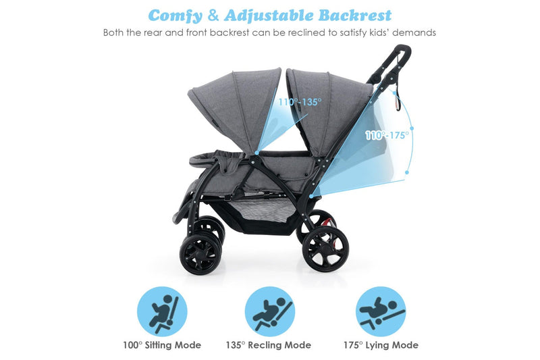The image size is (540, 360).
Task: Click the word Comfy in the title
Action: coord(178,15)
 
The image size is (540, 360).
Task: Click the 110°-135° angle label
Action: coord(300,103)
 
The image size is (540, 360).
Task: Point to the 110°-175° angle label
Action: coord(387,135)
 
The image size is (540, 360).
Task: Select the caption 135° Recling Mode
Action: coord(268,345)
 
